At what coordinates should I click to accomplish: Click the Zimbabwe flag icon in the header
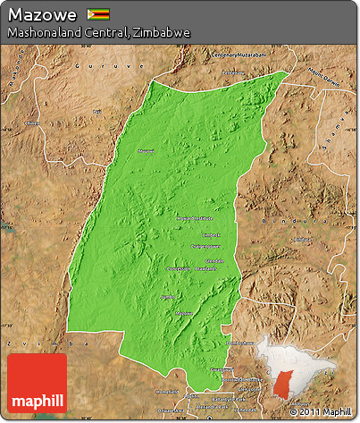pyautogui.click(x=97, y=14)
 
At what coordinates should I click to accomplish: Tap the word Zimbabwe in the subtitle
pyautogui.click(x=163, y=32)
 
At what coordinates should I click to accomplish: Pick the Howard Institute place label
pyautogui.click(x=194, y=217)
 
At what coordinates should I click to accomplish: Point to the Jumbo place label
pyautogui.click(x=166, y=296)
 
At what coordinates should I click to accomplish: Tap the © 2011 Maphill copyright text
pyautogui.click(x=326, y=411)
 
